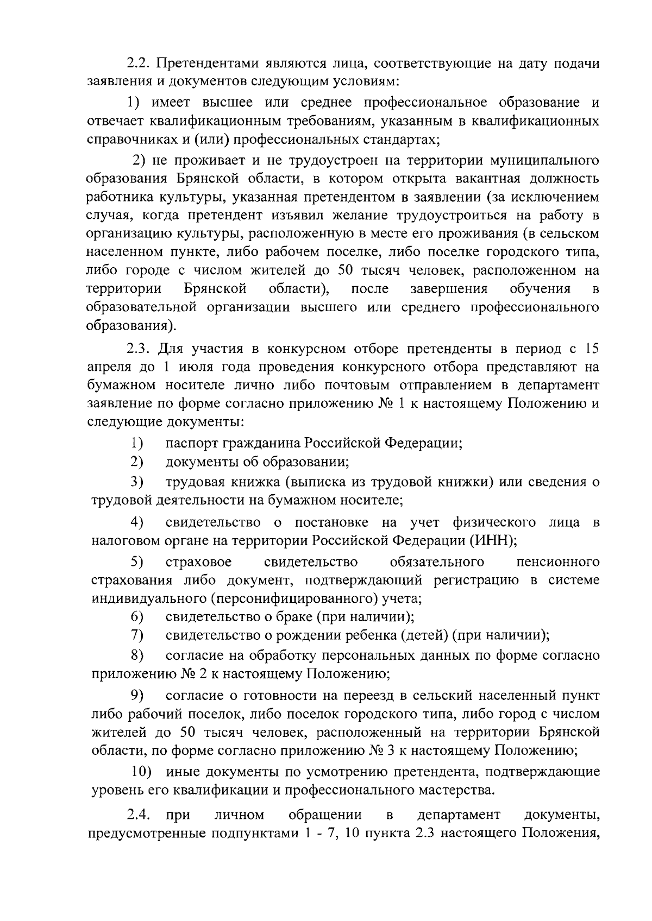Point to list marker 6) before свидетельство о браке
[x=136, y=617]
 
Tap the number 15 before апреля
[x=591, y=348]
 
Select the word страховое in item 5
[x=198, y=561]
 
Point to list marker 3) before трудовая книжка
[x=136, y=482]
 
